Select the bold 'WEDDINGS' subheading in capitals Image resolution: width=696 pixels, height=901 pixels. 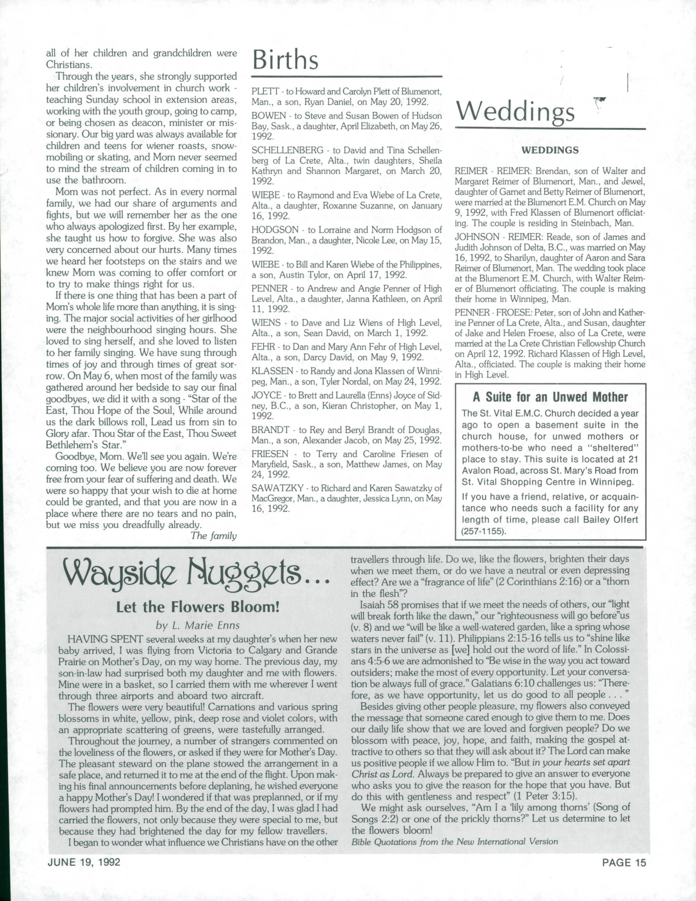pyautogui.click(x=550, y=150)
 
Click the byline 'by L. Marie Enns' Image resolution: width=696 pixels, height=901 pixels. pyautogui.click(x=198, y=625)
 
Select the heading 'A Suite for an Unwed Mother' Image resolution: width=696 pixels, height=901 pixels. pyautogui.click(x=550, y=397)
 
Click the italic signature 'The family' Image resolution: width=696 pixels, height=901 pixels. pyautogui.click(x=213, y=536)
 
